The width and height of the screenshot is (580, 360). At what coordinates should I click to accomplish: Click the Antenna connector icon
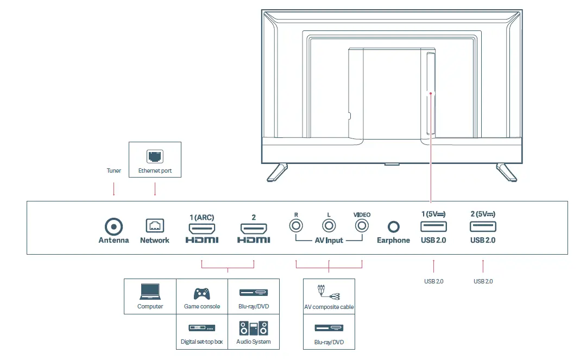(x=114, y=226)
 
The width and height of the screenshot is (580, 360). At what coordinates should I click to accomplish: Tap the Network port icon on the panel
(x=155, y=226)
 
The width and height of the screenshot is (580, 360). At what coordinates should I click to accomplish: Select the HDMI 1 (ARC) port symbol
(x=202, y=228)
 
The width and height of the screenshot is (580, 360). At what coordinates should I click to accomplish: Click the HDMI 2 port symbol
(x=254, y=228)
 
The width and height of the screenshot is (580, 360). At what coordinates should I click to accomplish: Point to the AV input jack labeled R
(x=296, y=225)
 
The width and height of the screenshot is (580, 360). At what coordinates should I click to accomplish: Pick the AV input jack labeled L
(x=329, y=225)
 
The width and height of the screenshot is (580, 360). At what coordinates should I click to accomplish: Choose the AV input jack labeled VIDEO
(x=362, y=225)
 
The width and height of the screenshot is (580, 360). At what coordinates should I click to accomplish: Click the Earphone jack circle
(x=393, y=226)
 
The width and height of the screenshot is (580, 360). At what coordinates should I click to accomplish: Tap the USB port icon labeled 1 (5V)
(x=433, y=226)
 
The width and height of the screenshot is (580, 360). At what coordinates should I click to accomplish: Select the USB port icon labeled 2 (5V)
(x=483, y=226)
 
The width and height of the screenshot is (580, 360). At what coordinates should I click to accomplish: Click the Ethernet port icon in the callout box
(x=155, y=157)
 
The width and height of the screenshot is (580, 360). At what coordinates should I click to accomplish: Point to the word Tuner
(x=114, y=170)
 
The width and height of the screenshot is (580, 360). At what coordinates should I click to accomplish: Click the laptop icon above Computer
(x=150, y=292)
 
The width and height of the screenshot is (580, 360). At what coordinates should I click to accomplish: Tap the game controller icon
(x=202, y=293)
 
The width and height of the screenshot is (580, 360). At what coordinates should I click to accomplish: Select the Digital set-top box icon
(x=202, y=328)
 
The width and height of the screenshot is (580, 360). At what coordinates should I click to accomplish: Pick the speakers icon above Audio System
(x=254, y=328)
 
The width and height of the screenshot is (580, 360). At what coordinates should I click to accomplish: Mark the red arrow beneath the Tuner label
(x=114, y=189)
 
